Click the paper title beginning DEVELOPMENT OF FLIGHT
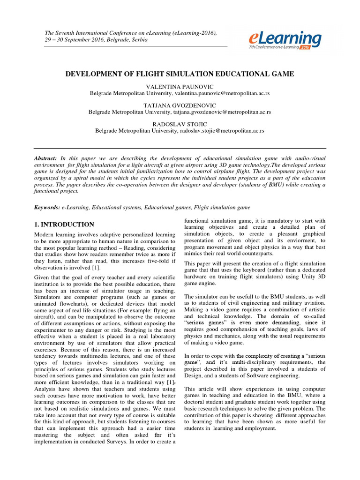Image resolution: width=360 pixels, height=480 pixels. [x=180, y=74]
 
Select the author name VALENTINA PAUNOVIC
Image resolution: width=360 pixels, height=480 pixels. [x=180, y=87]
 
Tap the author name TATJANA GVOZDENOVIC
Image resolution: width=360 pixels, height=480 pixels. [x=180, y=106]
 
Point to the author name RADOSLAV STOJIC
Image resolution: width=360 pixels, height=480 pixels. [x=180, y=124]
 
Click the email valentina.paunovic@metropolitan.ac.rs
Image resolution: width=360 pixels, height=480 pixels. [x=220, y=93]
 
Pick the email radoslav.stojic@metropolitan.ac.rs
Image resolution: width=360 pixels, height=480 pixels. [x=222, y=131]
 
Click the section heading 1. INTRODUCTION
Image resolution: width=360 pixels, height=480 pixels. [x=64, y=225]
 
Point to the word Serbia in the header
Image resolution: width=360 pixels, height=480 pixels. [x=139, y=40]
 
